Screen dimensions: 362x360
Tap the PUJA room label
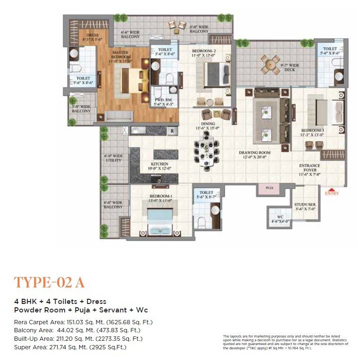click(269, 188)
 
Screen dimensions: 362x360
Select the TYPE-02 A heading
click(49, 282)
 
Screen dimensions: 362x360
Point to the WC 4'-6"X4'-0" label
click(276, 219)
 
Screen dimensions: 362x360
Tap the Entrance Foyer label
click(310, 168)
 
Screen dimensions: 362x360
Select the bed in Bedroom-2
click(211, 74)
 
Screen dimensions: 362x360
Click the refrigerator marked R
click(173, 130)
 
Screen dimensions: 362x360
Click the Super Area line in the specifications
click(70, 347)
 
